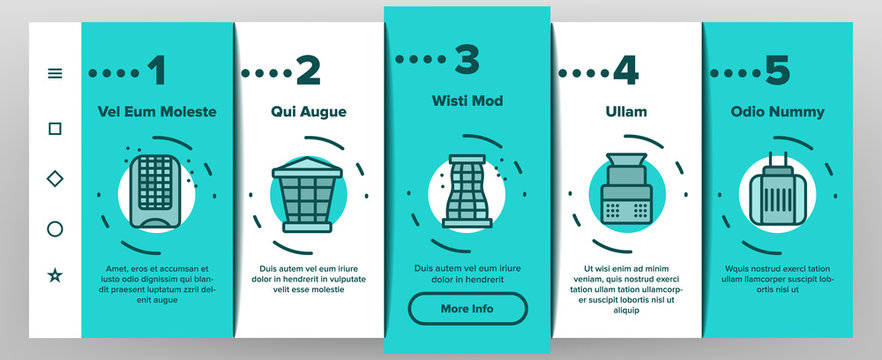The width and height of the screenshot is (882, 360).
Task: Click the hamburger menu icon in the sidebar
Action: click(x=55, y=73)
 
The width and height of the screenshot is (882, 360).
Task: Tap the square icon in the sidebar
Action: click(x=55, y=129)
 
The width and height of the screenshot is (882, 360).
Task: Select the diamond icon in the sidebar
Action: click(x=55, y=179)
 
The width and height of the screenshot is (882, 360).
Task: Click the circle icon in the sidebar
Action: click(x=55, y=229)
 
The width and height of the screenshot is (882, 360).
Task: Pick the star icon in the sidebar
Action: click(x=55, y=275)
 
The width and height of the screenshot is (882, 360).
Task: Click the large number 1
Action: click(x=156, y=70)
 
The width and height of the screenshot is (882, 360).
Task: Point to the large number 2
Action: click(x=308, y=70)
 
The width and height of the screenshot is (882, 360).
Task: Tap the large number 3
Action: click(x=467, y=60)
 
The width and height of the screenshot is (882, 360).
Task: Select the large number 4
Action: click(x=626, y=70)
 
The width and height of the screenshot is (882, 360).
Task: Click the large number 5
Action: click(x=777, y=70)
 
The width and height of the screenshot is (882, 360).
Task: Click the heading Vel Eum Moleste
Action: click(x=157, y=111)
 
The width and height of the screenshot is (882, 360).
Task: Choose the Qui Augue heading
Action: click(x=309, y=111)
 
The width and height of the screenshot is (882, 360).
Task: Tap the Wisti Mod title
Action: click(x=467, y=101)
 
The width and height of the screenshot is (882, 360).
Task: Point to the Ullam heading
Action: click(x=626, y=111)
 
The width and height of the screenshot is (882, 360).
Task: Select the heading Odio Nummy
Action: click(x=777, y=111)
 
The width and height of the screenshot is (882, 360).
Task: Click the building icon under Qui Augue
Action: click(x=307, y=195)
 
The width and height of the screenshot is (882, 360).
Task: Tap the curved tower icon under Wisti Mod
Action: click(x=467, y=191)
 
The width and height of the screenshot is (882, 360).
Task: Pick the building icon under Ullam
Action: click(x=627, y=188)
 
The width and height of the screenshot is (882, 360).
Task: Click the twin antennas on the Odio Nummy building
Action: click(x=777, y=161)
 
